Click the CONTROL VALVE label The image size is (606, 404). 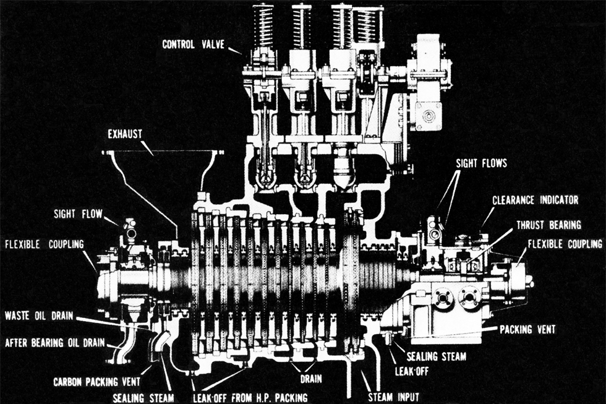coord(194,45)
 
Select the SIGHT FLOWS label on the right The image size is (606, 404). coord(481,164)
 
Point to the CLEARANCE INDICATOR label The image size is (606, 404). coord(535,200)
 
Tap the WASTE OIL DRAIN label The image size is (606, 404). coord(40,316)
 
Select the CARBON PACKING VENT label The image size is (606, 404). coord(97,381)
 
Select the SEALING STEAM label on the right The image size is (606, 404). coord(430,356)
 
